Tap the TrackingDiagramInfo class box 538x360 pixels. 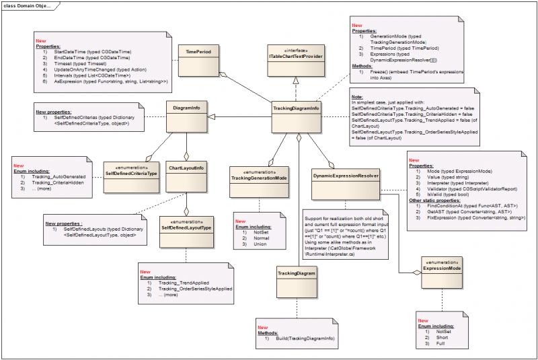pos(297,118)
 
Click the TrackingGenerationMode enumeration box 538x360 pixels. pos(259,182)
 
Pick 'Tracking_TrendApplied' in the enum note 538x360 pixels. pos(184,283)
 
